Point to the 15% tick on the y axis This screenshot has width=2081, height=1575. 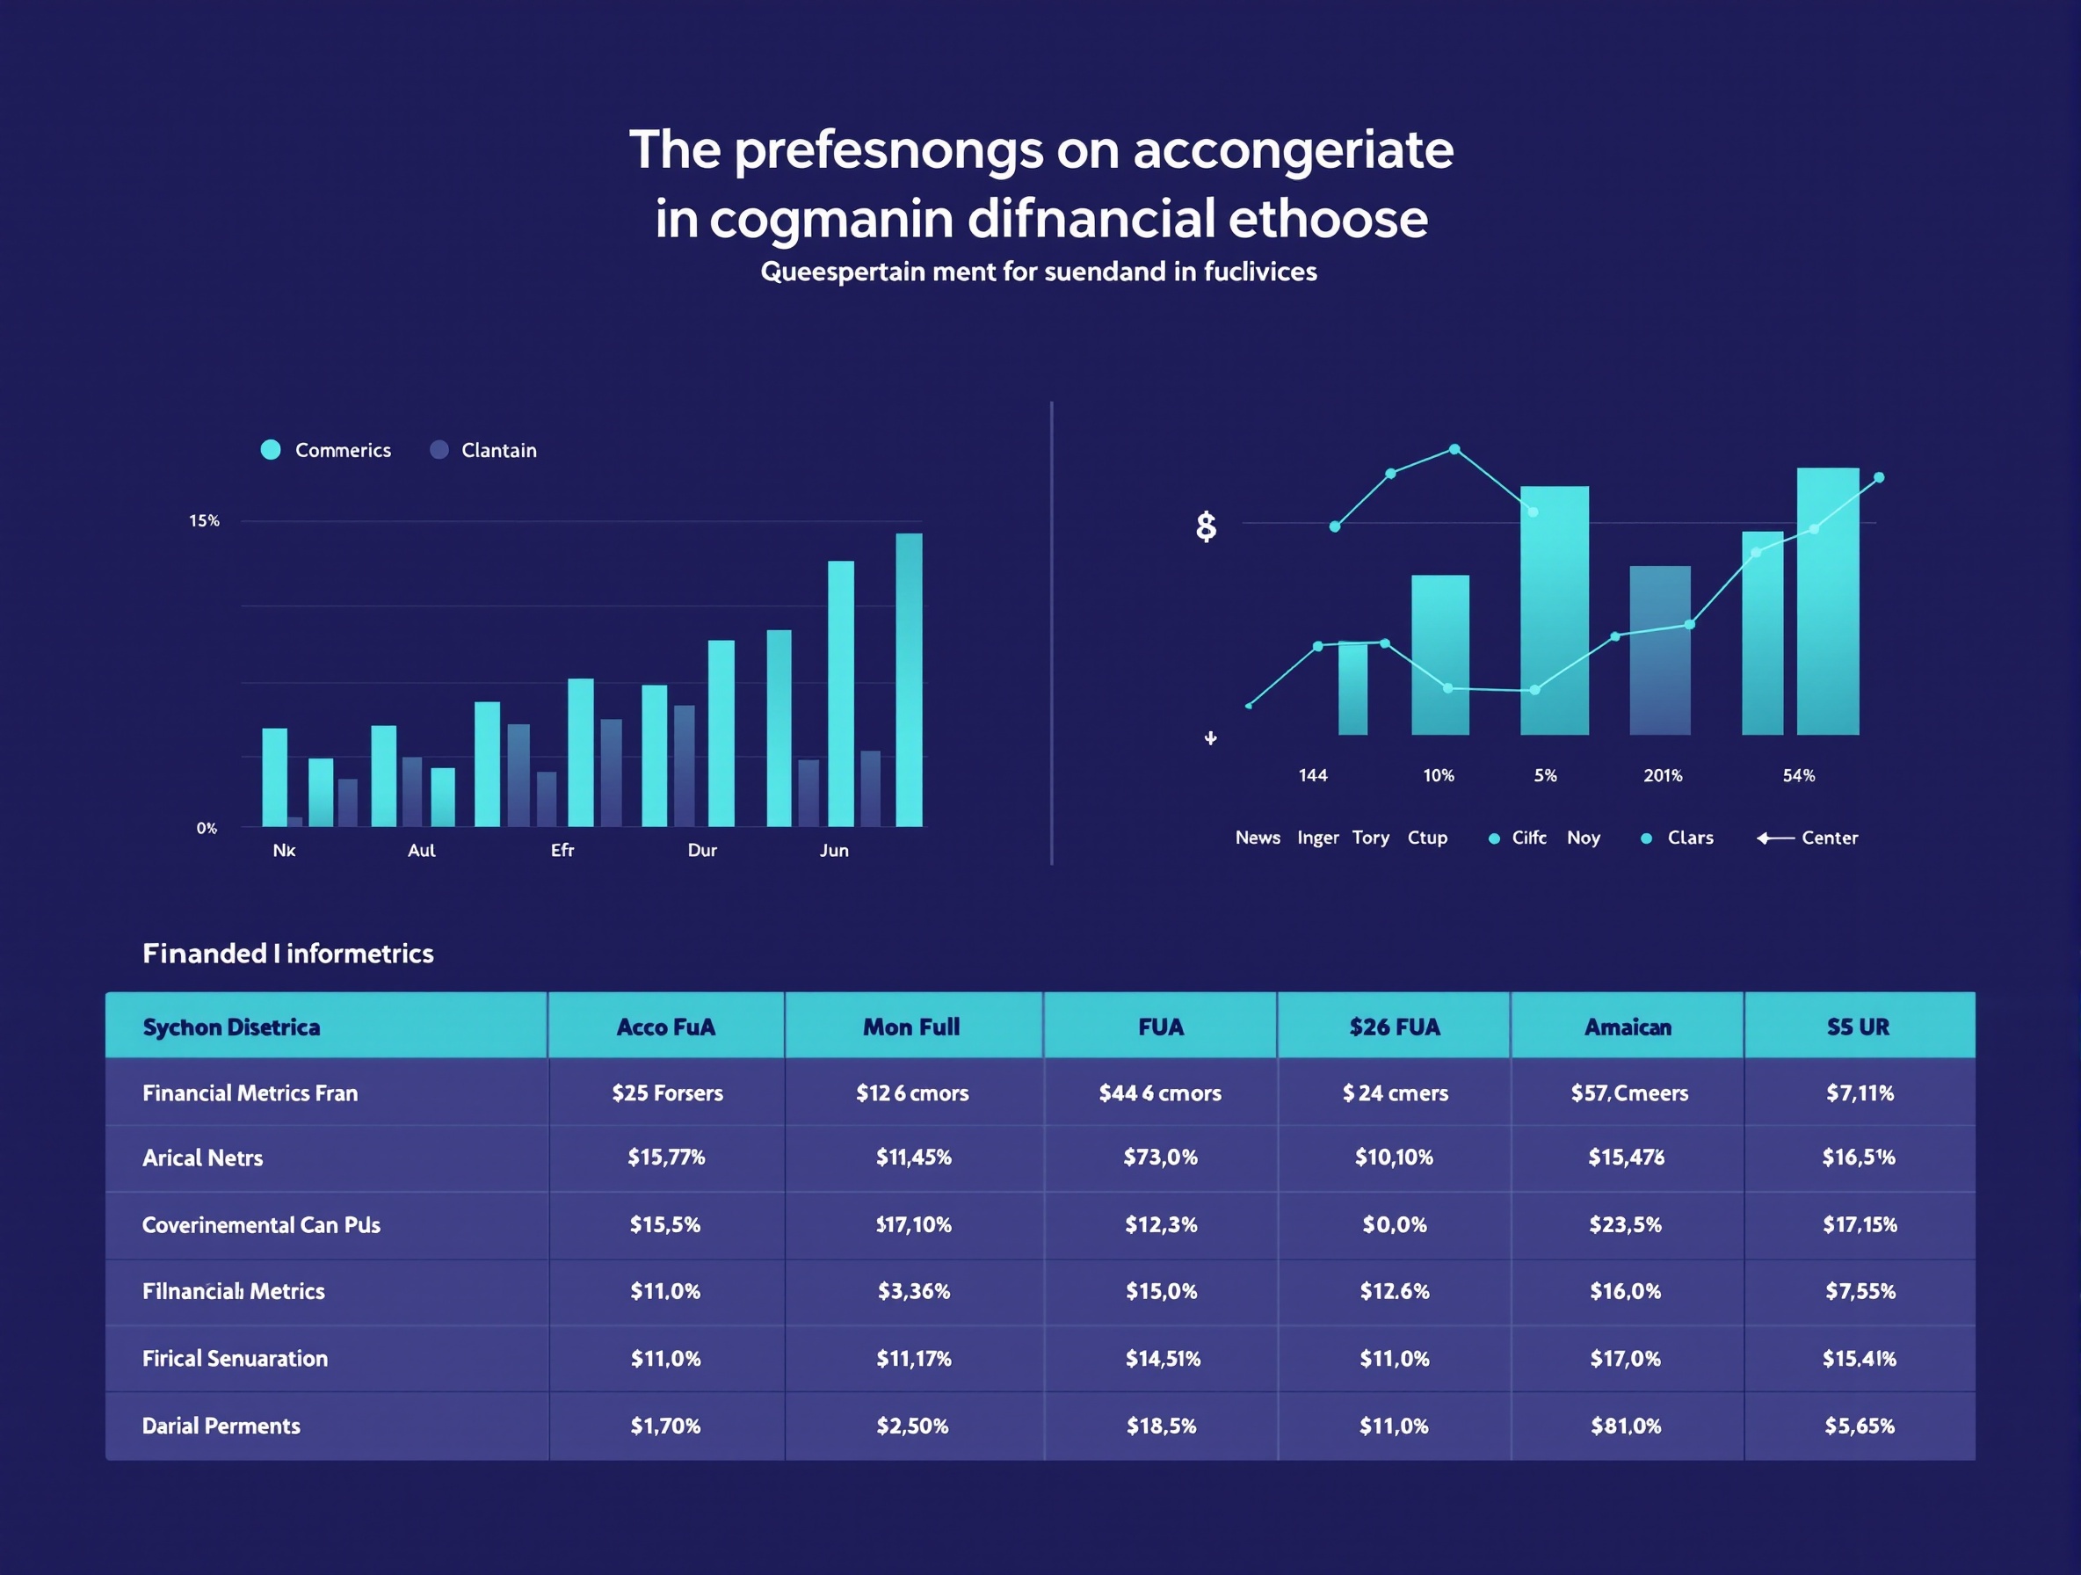pyautogui.click(x=204, y=520)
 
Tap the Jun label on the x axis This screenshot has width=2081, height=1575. pyautogui.click(x=833, y=850)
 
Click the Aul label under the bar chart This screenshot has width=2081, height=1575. pyautogui.click(x=422, y=850)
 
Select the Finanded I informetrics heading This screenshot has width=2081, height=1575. pyautogui.click(x=288, y=953)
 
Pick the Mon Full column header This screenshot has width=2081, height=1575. pyautogui.click(x=910, y=1027)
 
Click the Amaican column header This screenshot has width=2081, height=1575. pyautogui.click(x=1628, y=1027)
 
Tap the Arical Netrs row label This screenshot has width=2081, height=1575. pyautogui.click(x=202, y=1158)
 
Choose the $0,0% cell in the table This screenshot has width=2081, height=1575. pyautogui.click(x=1395, y=1224)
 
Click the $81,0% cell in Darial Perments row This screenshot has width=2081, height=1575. pyautogui.click(x=1626, y=1426)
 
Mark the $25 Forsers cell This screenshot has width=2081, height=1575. pyautogui.click(x=667, y=1092)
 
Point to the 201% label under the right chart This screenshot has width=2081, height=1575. pyautogui.click(x=1663, y=775)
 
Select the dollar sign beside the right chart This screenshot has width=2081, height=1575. pyautogui.click(x=1205, y=526)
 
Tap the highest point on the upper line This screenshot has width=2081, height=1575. pyautogui.click(x=1454, y=449)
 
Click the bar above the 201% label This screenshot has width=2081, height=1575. pyautogui.click(x=1659, y=650)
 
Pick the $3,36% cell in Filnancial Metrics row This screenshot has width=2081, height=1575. pyautogui.click(x=913, y=1291)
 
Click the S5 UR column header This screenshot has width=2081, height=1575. pyautogui.click(x=1858, y=1027)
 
